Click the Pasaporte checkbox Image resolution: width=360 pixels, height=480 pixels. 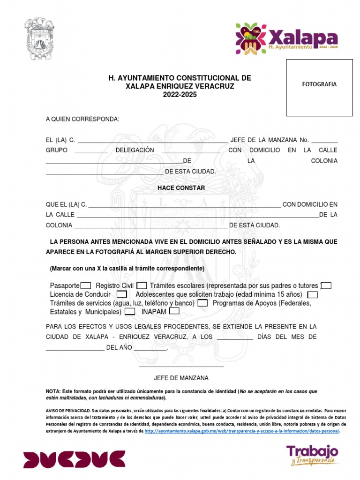coord(86,285)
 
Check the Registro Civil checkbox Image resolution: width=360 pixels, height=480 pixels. coord(142,285)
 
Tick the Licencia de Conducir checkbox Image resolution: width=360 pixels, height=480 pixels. coord(122,294)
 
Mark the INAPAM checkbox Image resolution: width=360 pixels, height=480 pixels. coord(174,311)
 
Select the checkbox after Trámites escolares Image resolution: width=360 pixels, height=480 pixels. coord(326,285)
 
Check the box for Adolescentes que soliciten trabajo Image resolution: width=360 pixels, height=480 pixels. coord(312,294)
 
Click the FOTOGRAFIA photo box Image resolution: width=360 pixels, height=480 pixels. coord(319,88)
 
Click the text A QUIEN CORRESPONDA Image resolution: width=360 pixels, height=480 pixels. coord(82,120)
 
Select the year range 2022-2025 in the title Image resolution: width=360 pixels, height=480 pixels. coord(180,95)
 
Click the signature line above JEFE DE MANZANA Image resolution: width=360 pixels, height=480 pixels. coord(181,366)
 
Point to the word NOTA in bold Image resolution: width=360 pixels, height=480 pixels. coord(52,391)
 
